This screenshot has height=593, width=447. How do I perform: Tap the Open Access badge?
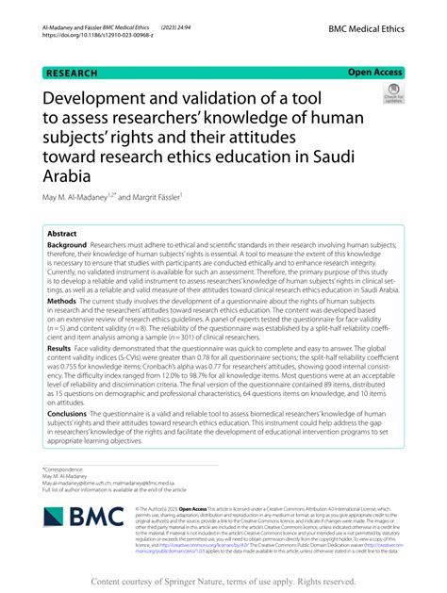pyautogui.click(x=374, y=71)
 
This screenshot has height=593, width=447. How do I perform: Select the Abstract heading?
pyautogui.click(x=64, y=232)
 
